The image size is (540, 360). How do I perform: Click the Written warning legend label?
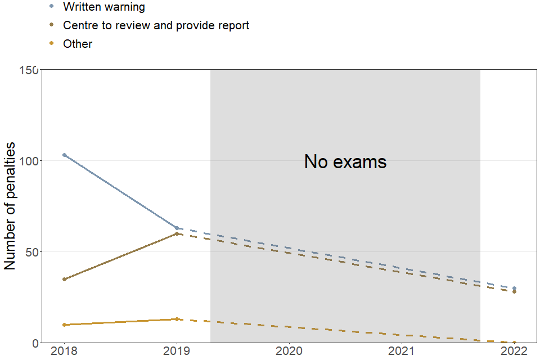point(104,7)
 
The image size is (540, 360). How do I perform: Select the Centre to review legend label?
point(156,25)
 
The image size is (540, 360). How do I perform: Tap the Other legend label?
point(78,44)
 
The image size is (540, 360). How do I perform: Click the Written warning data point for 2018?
point(64,155)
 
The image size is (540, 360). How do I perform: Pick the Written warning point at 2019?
point(177,228)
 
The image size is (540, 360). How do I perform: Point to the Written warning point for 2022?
point(514,288)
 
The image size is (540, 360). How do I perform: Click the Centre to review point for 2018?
point(64,279)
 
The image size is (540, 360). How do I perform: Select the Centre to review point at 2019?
point(177,233)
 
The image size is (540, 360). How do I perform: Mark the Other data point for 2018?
point(64,325)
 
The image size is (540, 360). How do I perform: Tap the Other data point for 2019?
point(177,319)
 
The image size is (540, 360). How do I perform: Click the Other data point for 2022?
point(514,343)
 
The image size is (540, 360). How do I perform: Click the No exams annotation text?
point(345,162)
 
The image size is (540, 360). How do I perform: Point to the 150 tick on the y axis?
point(29,70)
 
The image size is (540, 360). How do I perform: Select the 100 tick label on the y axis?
point(29,161)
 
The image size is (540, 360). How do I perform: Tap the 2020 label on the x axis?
point(289,352)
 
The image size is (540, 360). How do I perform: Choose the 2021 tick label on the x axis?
point(402,352)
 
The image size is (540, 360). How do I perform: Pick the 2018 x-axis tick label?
point(64,352)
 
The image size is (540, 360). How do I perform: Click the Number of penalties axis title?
point(10,206)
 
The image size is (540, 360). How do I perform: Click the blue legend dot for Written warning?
point(52,7)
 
